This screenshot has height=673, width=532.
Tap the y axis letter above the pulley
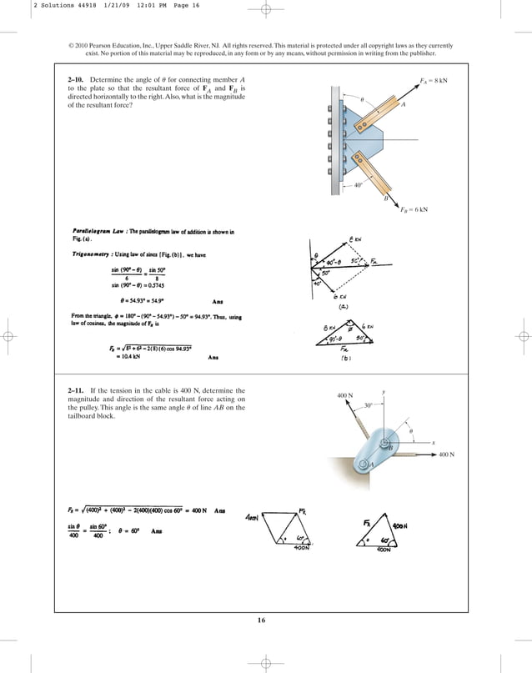tap(382, 391)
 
